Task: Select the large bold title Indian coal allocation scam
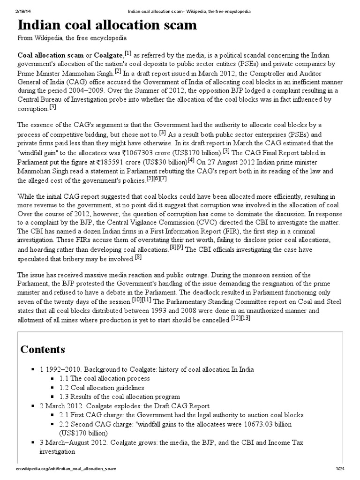pyautogui.click(x=107, y=25)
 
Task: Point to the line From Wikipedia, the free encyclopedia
pyautogui.click(x=72, y=38)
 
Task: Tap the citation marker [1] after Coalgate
pyautogui.click(x=127, y=53)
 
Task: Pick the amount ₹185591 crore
pyautogui.click(x=122, y=162)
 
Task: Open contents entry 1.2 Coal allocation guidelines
pyautogui.click(x=101, y=388)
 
